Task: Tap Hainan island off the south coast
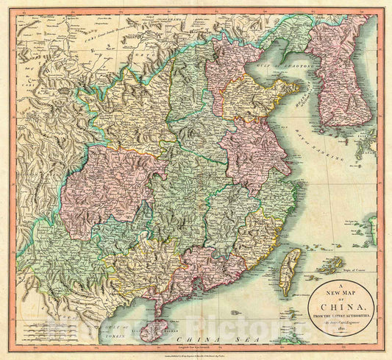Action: pyautogui.click(x=153, y=329)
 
